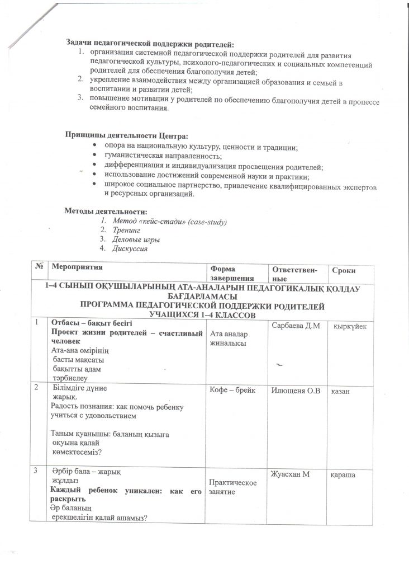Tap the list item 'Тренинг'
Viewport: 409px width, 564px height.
(x=125, y=231)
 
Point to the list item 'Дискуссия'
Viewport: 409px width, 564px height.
(x=130, y=249)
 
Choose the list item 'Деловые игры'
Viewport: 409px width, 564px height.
(x=134, y=240)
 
